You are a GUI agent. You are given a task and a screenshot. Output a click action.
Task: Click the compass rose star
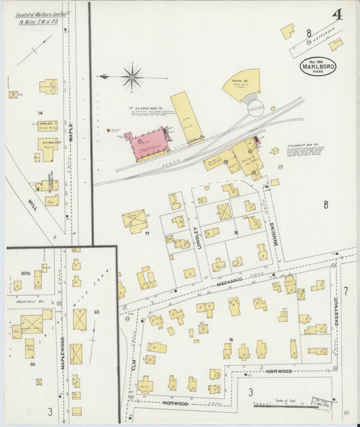click(132, 76)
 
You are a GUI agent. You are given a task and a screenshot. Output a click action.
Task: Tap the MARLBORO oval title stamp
click(317, 66)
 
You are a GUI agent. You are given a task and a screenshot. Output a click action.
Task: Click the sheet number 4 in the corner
click(337, 14)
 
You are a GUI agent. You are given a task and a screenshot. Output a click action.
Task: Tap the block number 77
click(145, 234)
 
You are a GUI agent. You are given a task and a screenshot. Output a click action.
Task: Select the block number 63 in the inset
click(97, 312)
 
